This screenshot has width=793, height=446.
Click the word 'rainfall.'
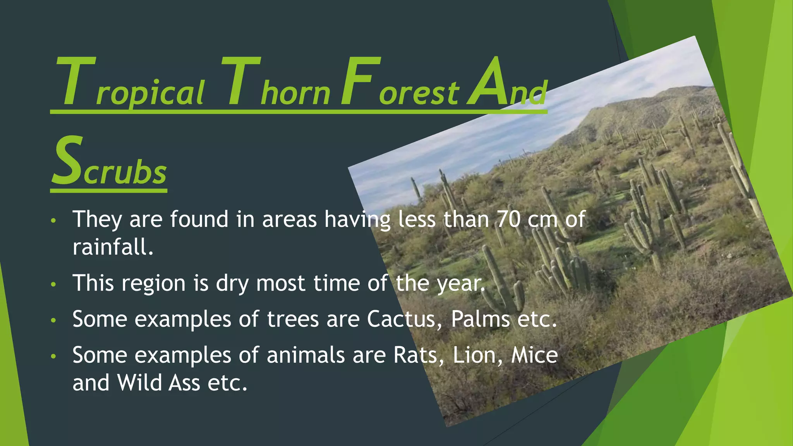click(113, 247)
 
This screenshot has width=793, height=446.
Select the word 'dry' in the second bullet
click(232, 283)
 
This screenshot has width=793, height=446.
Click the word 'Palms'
click(480, 319)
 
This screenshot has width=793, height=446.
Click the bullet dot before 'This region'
click(53, 285)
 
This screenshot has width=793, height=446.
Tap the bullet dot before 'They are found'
click(53, 221)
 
